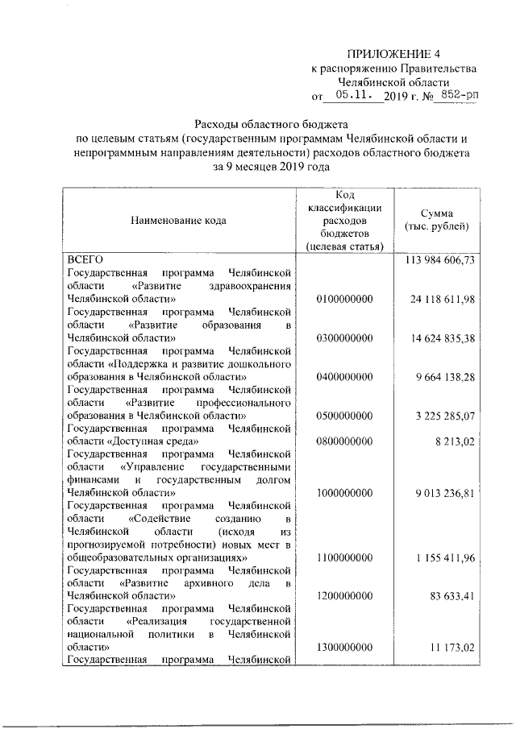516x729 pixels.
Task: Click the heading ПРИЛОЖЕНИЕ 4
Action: tap(396, 53)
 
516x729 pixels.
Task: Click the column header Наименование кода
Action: tap(181, 219)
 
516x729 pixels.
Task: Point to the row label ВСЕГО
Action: tap(82, 260)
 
